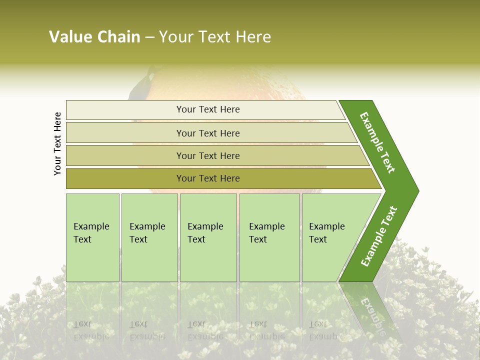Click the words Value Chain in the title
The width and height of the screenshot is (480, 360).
coord(94,37)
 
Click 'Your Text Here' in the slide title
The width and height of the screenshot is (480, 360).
coord(215,37)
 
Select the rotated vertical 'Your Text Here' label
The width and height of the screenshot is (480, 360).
coord(57,143)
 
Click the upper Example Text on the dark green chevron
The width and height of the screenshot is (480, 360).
coord(377,142)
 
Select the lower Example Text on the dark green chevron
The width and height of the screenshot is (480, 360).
coord(378,236)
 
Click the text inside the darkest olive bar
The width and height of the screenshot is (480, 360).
coord(208,178)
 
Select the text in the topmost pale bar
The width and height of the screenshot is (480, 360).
coord(208,109)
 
